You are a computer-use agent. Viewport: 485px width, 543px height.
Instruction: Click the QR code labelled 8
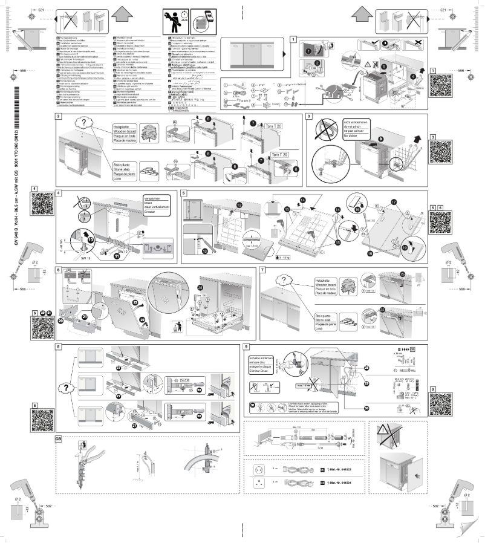(x=44, y=423)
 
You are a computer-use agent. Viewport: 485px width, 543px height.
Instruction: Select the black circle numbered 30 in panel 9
(x=367, y=408)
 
